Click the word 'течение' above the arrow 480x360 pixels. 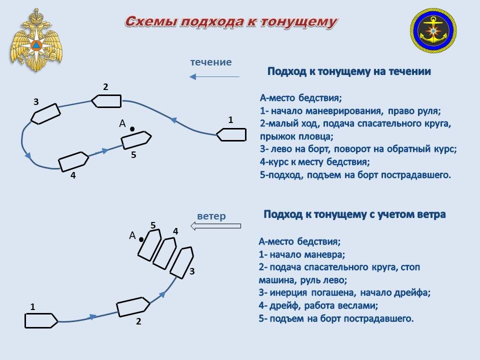click(211, 62)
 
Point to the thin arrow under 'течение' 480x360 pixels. click(214, 77)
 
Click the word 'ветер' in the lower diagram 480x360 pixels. click(211, 216)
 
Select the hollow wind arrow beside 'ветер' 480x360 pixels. click(216, 226)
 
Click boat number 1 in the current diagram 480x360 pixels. click(231, 134)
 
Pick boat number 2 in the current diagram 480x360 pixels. click(107, 101)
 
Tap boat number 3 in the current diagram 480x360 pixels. click(45, 113)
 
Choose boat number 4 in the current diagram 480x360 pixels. click(73, 161)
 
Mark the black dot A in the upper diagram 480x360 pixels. click(132, 129)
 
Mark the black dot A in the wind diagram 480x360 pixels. click(141, 239)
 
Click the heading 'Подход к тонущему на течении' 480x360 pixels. click(349, 71)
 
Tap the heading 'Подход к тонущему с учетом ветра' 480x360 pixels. click(354, 214)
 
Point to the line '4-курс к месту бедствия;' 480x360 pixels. click(315, 162)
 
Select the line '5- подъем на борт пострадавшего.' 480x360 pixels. click(336, 318)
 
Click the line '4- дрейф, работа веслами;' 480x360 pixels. click(318, 305)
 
